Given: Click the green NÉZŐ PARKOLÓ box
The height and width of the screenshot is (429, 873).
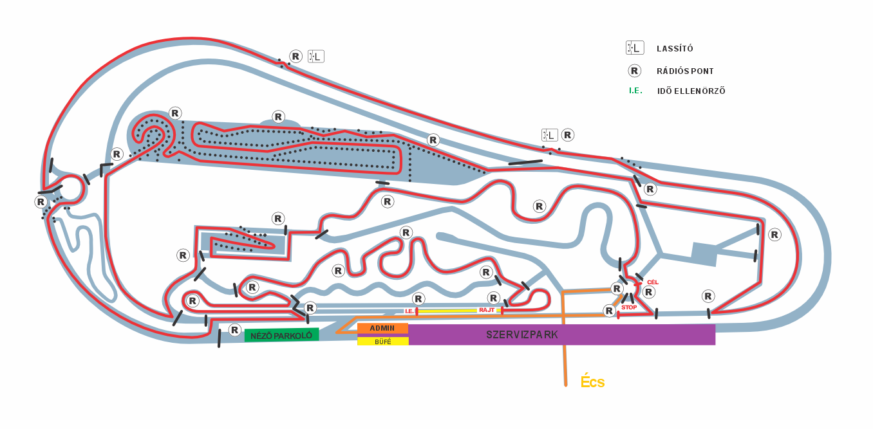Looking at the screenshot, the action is pos(281,335).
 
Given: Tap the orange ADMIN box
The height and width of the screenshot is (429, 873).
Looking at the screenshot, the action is pos(382,328).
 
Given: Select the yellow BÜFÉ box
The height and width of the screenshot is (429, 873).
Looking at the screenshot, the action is pos(382,342).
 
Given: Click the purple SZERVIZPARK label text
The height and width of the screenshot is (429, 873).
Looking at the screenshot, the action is pos(522,335).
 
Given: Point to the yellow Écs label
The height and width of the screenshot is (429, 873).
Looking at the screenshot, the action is pos(592,381).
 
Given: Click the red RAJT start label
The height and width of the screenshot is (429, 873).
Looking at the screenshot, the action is pos(486,310).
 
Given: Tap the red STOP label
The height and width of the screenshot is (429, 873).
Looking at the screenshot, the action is pos(628,307).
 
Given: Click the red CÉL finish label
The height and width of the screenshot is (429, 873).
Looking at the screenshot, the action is pos(652,282).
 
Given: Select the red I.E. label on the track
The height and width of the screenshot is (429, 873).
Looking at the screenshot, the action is pos(409,311).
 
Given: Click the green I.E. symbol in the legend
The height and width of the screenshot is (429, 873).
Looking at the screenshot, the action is pos(635,91).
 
